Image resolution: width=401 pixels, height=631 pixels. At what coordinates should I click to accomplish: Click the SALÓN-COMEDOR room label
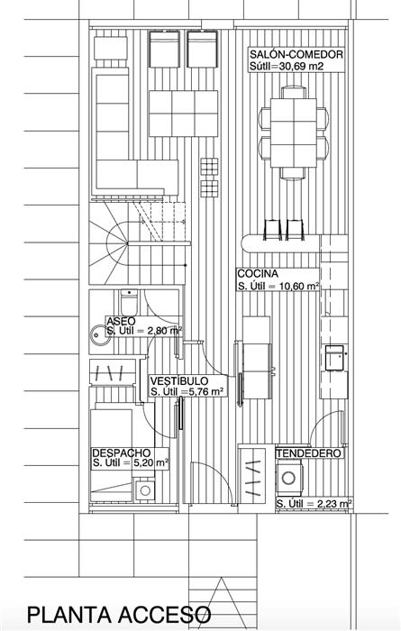(x=296, y=54)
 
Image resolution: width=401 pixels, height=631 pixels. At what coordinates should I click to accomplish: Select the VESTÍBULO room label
(x=179, y=380)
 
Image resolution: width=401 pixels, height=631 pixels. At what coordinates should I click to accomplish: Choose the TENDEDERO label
(x=308, y=453)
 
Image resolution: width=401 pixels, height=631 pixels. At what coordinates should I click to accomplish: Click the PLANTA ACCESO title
(x=119, y=616)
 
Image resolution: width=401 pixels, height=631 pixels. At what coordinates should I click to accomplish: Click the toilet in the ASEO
(x=129, y=302)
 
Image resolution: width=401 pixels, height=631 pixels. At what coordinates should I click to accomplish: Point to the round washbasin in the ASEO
(x=99, y=334)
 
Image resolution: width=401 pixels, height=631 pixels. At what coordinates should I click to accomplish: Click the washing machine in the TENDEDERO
(x=288, y=478)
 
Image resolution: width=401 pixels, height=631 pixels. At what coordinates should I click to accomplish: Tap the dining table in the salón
(x=294, y=133)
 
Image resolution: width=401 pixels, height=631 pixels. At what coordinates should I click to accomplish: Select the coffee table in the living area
(x=184, y=114)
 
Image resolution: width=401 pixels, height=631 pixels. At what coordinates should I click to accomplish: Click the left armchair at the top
(x=164, y=49)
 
